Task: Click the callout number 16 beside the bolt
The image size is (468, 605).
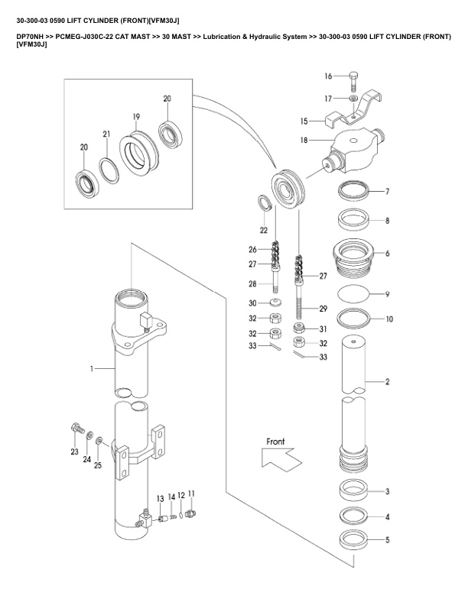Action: (328, 76)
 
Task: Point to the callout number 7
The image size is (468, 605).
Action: (388, 191)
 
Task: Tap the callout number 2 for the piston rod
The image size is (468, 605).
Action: (388, 380)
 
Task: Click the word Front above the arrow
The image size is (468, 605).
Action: (275, 442)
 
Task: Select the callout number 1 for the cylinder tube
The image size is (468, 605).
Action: (91, 369)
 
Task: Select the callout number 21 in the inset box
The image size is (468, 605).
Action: (106, 134)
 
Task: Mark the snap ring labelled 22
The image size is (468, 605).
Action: (263, 204)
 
